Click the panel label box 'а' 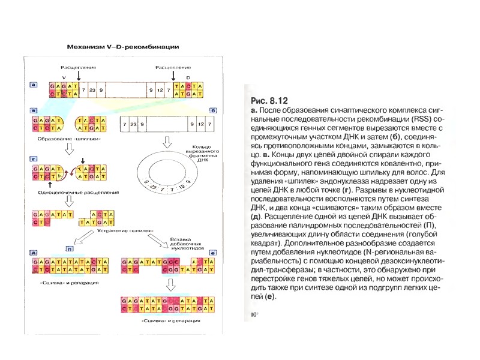coord(34,85)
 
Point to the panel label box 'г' coord(34,159)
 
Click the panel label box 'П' coord(70,248)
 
